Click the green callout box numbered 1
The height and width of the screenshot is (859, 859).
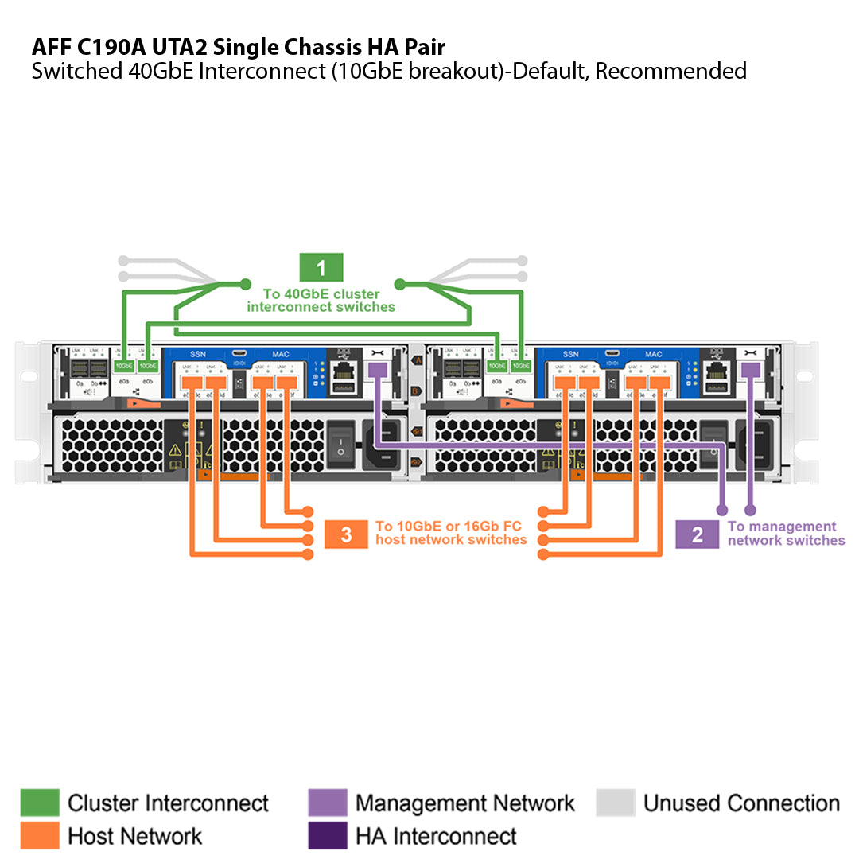tap(321, 268)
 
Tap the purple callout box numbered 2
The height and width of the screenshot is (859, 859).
tap(697, 534)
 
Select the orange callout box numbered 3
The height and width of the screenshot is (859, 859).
tap(346, 534)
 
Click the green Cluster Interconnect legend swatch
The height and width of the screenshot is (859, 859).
tap(40, 803)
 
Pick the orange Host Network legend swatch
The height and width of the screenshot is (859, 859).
tap(40, 835)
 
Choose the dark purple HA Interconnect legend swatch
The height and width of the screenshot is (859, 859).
tap(328, 835)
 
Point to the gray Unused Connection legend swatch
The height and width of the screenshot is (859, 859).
tap(616, 803)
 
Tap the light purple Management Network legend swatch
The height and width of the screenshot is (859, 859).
tap(328, 803)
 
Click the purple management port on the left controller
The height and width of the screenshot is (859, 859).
tap(378, 370)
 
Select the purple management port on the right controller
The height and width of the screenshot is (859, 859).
tap(750, 370)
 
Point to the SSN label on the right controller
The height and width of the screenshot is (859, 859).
tap(570, 354)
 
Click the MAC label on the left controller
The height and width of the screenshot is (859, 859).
tap(281, 354)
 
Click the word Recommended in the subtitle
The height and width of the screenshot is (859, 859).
tap(670, 71)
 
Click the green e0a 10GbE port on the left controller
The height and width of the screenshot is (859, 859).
tap(124, 365)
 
